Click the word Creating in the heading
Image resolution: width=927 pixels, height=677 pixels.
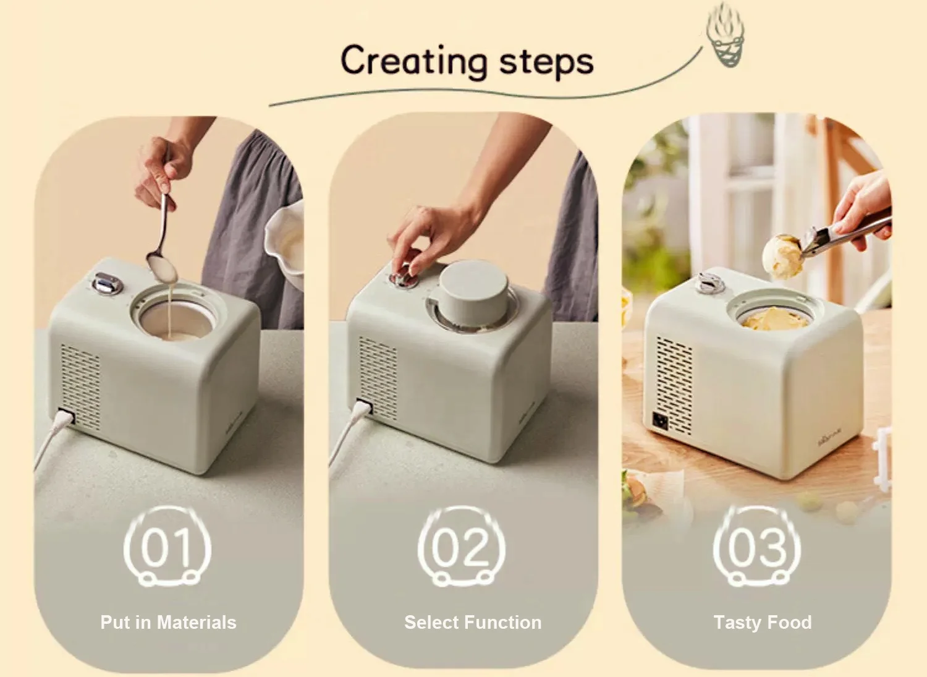click(x=413, y=62)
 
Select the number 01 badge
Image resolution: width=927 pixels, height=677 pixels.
click(x=167, y=548)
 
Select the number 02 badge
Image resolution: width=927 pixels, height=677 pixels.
click(x=461, y=548)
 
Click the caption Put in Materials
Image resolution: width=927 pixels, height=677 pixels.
click(x=168, y=622)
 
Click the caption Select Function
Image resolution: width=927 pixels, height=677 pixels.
click(x=473, y=622)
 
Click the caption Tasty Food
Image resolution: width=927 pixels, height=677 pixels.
click(x=763, y=622)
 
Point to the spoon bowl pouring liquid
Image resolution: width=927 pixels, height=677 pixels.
click(x=163, y=266)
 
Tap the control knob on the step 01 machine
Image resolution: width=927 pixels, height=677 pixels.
click(x=106, y=283)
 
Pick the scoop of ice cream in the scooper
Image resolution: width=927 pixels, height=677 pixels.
click(x=782, y=255)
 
